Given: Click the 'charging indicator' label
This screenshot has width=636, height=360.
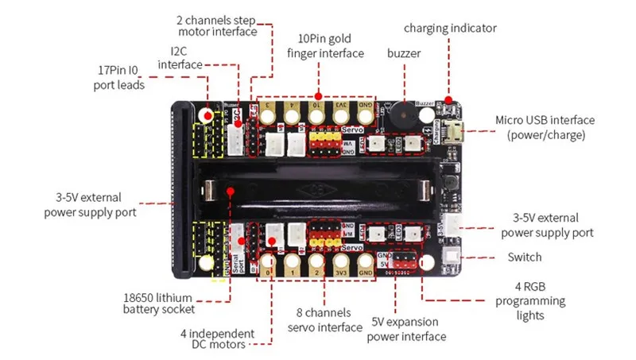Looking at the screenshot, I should pos(450,28).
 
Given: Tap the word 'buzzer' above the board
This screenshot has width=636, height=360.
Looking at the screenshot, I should pos(404,54).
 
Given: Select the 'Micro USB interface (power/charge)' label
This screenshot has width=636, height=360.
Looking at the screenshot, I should pos(545,127).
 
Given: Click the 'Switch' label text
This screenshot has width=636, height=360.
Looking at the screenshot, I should pos(524,257).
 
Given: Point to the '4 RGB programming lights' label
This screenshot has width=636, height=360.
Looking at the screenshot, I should pos(530,300).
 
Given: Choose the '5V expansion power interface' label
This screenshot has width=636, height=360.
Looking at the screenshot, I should pos(407,331).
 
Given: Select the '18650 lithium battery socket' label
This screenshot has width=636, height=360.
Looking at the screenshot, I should pos(159,302).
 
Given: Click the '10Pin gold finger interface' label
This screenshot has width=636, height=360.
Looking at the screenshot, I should pos(325,46).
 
